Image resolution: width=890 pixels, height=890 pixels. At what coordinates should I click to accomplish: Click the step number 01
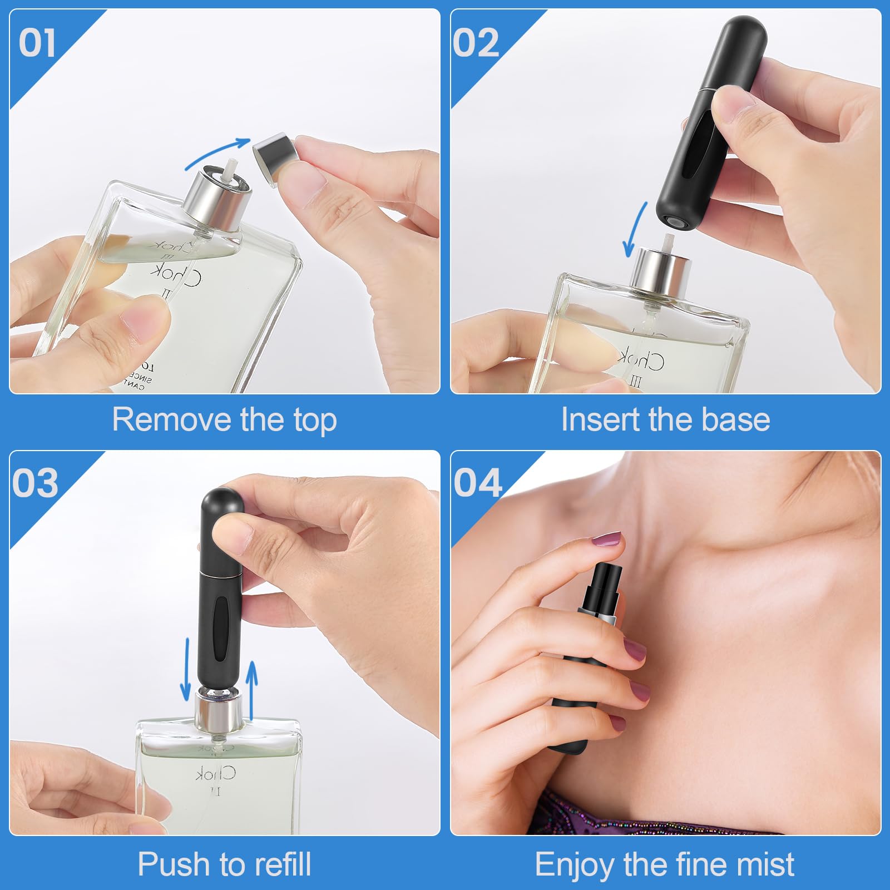[37, 43]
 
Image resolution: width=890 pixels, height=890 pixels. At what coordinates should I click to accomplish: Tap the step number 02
[476, 43]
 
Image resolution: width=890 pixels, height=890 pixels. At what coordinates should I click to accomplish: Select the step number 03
[35, 482]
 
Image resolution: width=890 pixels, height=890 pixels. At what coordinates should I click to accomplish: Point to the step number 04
[477, 482]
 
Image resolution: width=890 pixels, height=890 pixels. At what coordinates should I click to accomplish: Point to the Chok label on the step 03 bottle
[216, 774]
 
